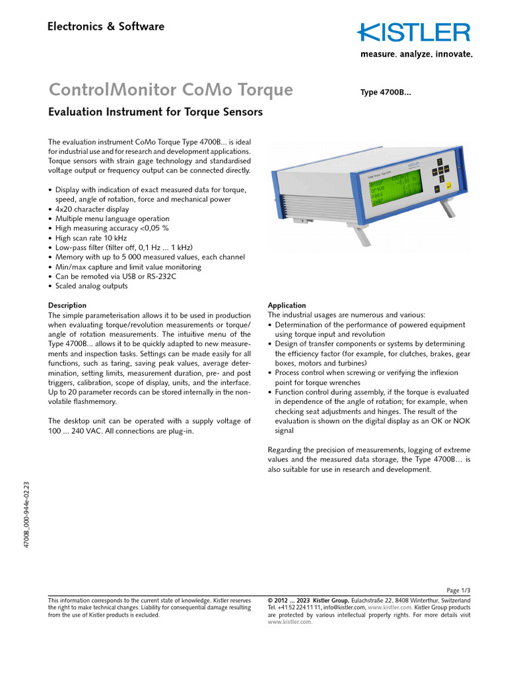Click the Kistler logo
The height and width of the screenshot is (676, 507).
pyautogui.click(x=415, y=32)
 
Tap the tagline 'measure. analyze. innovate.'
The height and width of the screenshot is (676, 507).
pyautogui.click(x=416, y=55)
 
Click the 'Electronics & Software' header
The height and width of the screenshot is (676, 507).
pyautogui.click(x=106, y=27)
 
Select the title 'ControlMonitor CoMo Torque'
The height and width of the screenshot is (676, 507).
pyautogui.click(x=171, y=89)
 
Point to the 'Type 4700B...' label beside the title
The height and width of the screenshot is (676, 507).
pyautogui.click(x=386, y=92)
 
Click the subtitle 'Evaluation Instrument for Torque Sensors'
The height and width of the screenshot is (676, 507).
pyautogui.click(x=156, y=112)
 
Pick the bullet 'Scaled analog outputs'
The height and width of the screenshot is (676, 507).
pyautogui.click(x=91, y=287)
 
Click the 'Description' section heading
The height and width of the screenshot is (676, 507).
pyautogui.click(x=67, y=306)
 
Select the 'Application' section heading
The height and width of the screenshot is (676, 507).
pyautogui.click(x=287, y=306)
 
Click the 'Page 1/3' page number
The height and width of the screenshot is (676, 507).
pyautogui.click(x=459, y=590)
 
